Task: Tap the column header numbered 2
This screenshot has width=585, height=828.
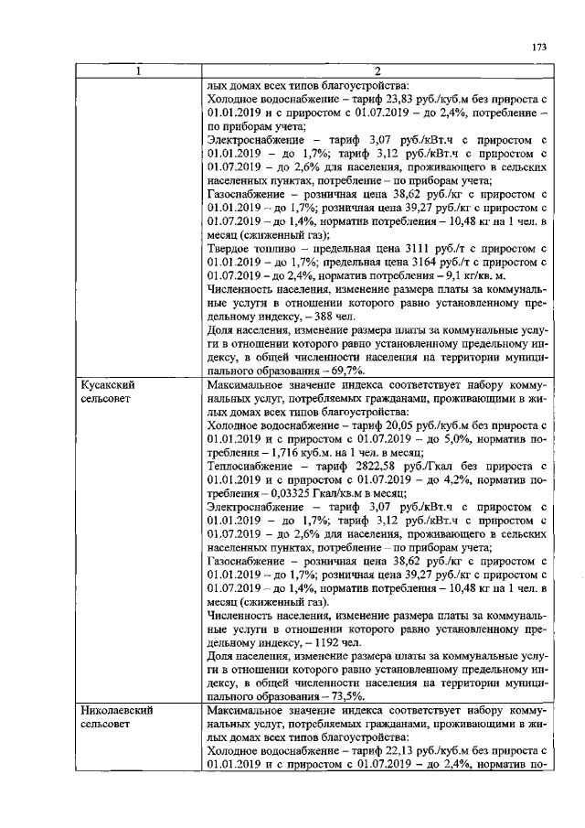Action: click(x=377, y=72)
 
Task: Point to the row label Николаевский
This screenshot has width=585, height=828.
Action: click(x=116, y=710)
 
